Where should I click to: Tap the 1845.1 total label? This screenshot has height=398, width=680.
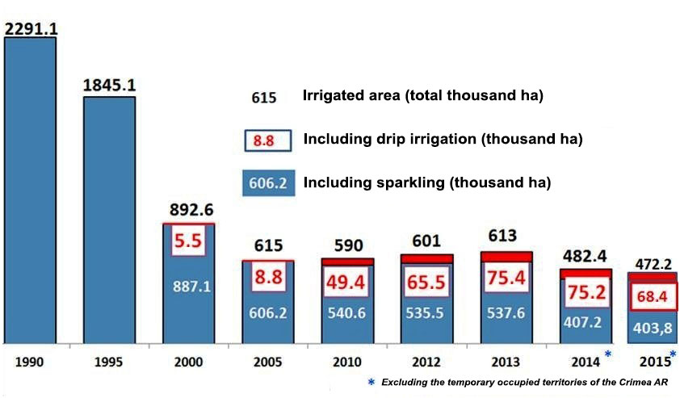(108, 84)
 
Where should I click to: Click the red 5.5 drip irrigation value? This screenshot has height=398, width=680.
(188, 241)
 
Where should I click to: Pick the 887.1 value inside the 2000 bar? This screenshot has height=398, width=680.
(189, 285)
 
